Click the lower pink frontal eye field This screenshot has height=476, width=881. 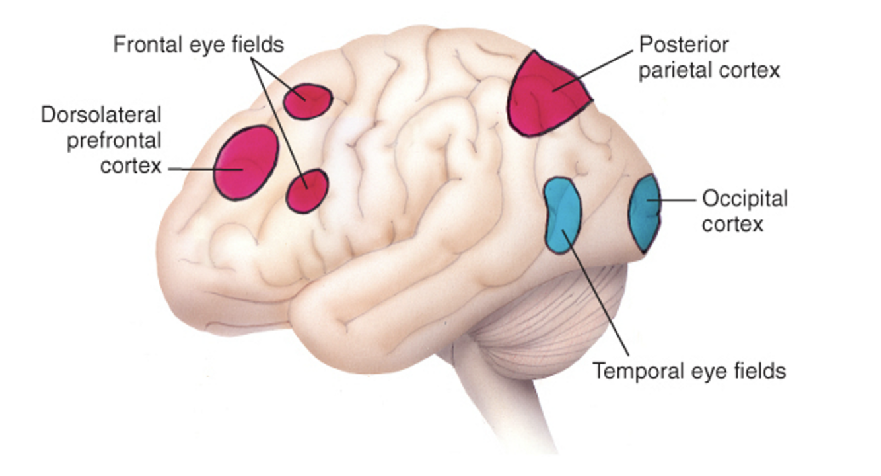[x=307, y=191]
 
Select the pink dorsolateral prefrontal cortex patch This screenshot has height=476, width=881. [x=246, y=162]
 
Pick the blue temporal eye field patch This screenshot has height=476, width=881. [x=562, y=215]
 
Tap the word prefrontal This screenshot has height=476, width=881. [x=114, y=140]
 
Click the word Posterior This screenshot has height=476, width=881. [x=684, y=45]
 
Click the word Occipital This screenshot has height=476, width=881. [x=745, y=198]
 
